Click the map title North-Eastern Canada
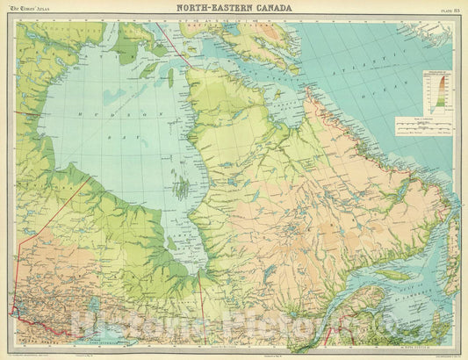click(x=234, y=9)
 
